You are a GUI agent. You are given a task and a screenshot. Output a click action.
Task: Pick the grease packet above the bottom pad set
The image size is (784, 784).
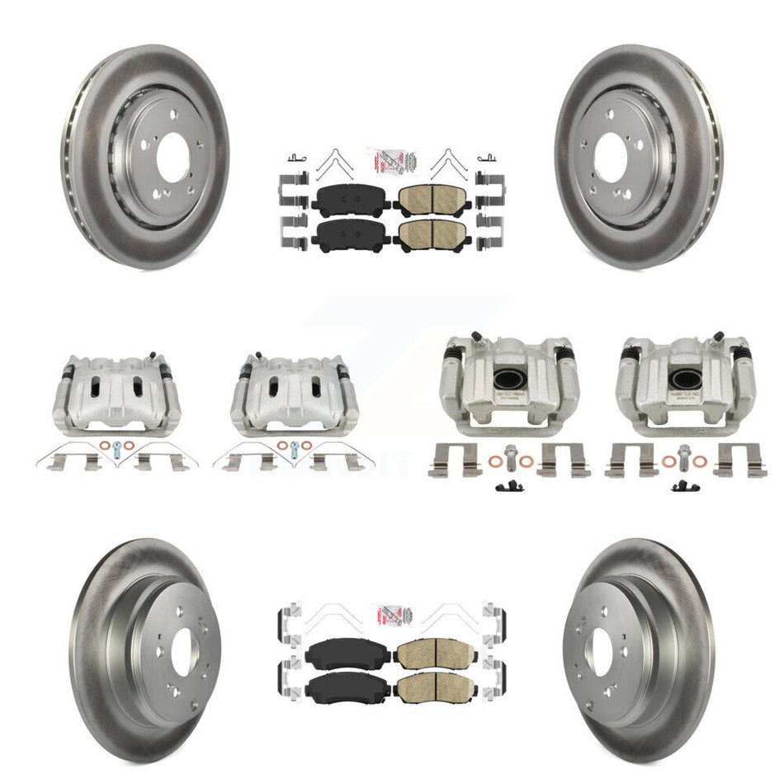point(391,615)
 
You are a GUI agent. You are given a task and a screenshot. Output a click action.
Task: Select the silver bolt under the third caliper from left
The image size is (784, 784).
point(507,455)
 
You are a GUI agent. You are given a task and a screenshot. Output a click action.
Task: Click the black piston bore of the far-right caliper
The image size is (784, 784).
point(684,379)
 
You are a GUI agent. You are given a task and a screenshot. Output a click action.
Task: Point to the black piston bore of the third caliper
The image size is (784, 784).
point(508,379)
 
